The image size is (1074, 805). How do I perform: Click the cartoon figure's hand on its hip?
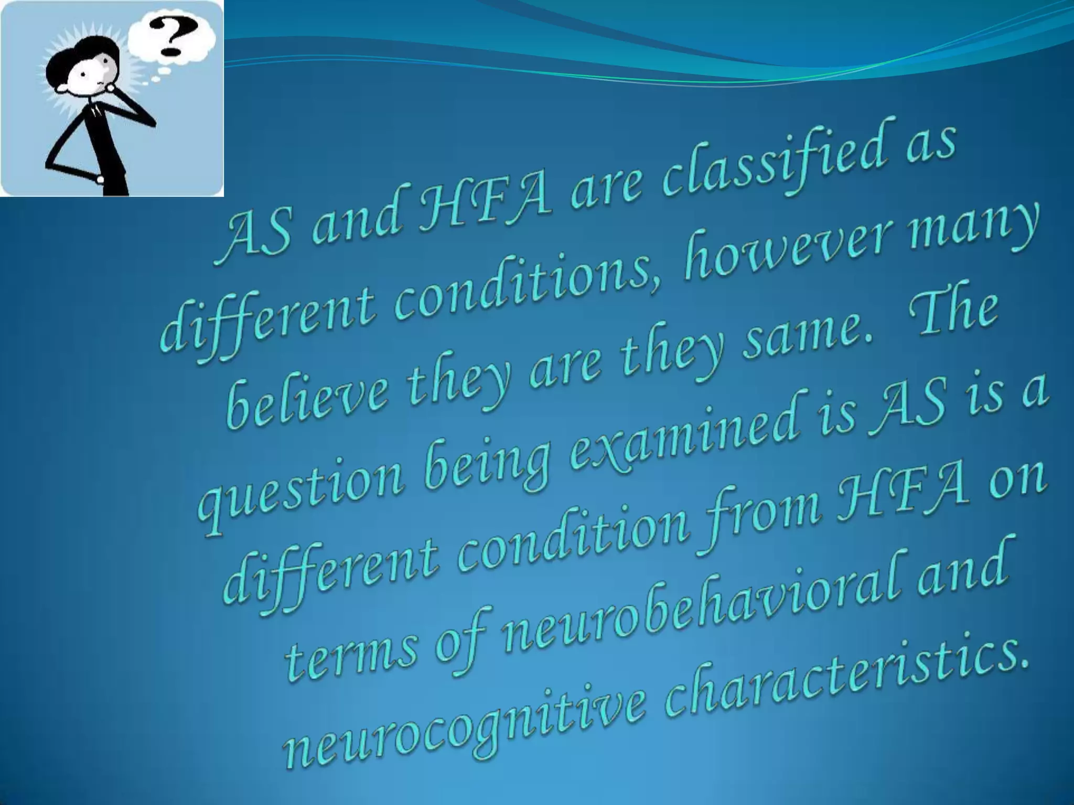100,178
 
